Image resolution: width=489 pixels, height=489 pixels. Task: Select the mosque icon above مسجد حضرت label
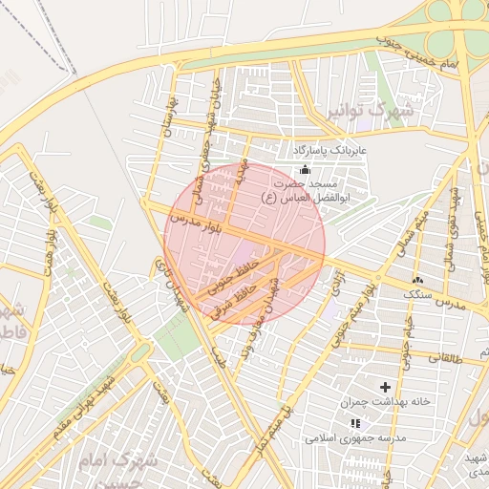tap(305, 169)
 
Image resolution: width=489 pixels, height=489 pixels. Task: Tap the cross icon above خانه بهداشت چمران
tap(385, 387)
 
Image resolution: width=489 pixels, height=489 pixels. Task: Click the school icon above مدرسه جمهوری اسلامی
tap(355, 423)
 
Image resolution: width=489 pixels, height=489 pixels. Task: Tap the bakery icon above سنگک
tap(416, 279)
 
